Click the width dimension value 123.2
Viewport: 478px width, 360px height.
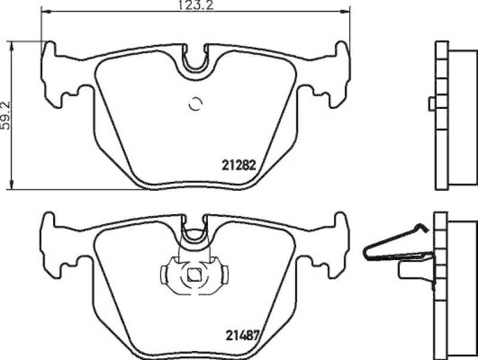[195, 7]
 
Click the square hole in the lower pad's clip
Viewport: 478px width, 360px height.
[194, 276]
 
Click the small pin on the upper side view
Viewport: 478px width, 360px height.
[431, 105]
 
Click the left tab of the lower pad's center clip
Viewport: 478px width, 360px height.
[165, 275]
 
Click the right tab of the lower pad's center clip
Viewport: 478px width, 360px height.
[222, 275]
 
